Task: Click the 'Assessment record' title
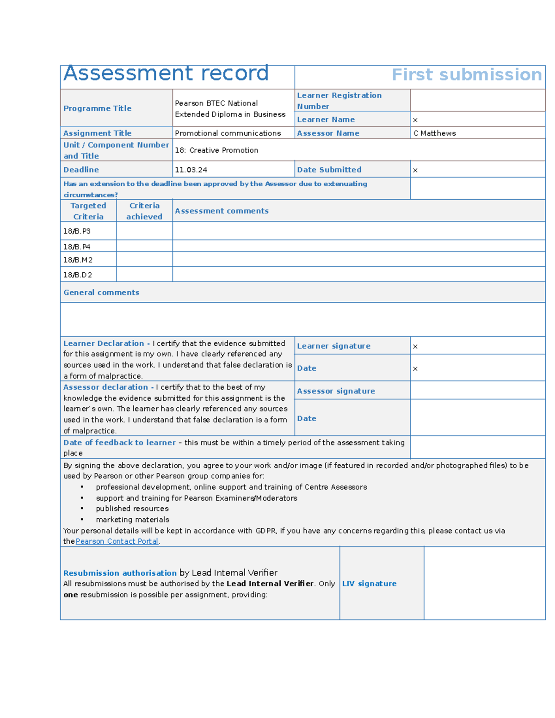tap(166, 74)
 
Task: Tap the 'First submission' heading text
tap(466, 75)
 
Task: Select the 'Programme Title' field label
tap(97, 108)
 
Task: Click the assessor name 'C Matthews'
tap(434, 133)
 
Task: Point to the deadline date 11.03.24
tap(191, 170)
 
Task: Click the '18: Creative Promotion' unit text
tap(216, 150)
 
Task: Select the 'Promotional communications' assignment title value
tap(228, 133)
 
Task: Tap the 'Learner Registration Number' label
tap(339, 100)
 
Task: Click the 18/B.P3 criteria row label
tap(77, 231)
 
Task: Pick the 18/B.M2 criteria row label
tap(78, 260)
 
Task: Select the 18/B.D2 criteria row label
tap(77, 275)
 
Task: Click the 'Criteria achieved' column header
tap(144, 211)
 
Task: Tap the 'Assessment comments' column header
tap(222, 211)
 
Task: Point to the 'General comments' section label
tap(101, 292)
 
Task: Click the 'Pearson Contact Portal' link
tap(117, 541)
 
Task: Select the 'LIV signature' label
tap(369, 583)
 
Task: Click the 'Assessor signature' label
tap(336, 391)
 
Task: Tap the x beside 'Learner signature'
tap(415, 346)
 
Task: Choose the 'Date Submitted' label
tap(329, 170)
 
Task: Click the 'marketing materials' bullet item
tap(132, 520)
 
